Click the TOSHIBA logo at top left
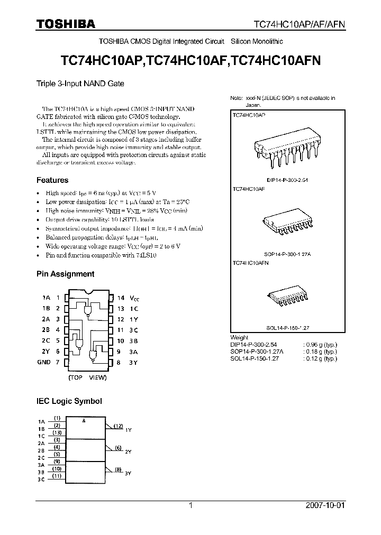66,23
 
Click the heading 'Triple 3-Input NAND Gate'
80,84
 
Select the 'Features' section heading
52,180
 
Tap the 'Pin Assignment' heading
65,274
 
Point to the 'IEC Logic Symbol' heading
69,401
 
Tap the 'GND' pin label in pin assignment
44,363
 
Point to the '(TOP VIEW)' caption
87,378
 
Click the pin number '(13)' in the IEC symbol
58,432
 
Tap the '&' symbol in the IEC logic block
86,420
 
